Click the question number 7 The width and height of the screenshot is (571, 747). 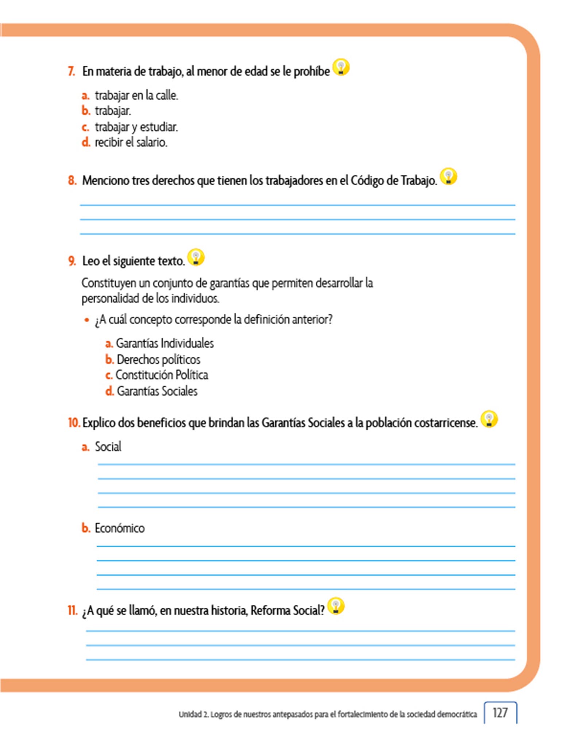[x=72, y=71]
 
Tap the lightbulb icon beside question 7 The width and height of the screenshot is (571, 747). [x=341, y=67]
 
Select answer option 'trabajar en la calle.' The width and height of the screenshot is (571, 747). [x=136, y=96]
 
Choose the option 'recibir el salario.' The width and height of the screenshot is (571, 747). [x=131, y=142]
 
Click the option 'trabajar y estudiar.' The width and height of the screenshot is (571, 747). [x=136, y=127]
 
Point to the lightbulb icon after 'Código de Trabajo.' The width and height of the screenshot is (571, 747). [x=448, y=177]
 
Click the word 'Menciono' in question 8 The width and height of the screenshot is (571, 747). [x=105, y=181]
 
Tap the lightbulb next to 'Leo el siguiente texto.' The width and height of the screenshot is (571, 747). [x=196, y=257]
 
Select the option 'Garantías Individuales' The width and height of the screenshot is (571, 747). [x=165, y=343]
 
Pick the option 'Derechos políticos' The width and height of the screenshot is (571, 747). [x=158, y=360]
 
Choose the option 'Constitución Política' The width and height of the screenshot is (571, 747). [x=162, y=375]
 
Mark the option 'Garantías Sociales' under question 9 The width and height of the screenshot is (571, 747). [x=157, y=391]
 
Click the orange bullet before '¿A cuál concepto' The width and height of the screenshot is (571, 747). [x=86, y=320]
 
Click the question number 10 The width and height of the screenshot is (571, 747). [x=74, y=423]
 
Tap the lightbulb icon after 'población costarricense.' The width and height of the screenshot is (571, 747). [x=489, y=419]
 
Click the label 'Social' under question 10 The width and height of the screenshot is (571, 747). [x=108, y=447]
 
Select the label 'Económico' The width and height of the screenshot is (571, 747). [x=120, y=528]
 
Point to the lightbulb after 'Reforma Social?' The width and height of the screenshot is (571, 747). [x=336, y=606]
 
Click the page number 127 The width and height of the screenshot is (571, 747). [x=500, y=713]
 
